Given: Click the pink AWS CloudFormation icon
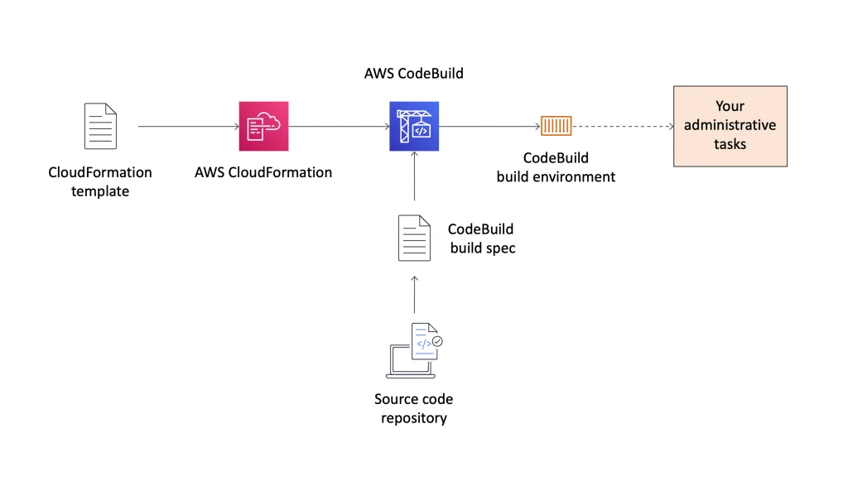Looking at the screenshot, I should pos(263,127).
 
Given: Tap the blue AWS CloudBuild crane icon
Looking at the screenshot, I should pos(414,127).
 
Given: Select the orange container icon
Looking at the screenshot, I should pos(556,127).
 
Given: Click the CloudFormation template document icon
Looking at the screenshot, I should pos(100,127).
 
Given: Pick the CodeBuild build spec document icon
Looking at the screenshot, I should pos(414,238).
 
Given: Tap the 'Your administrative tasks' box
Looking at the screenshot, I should pos(730,127).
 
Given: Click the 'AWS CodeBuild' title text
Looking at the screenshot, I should pos(414,74).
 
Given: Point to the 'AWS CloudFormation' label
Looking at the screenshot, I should pos(263,173).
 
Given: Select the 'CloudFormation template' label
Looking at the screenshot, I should pos(100,182).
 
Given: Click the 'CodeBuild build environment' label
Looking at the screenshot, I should pos(556,167).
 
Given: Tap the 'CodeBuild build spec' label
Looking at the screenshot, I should pos(481,238).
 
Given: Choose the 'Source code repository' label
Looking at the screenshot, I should pos(414,408).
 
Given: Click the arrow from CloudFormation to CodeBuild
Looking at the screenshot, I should pos(339,127).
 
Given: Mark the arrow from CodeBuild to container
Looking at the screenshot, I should pos(489,127).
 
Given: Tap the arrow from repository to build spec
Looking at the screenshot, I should pos(414,294).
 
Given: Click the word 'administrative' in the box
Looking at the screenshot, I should pos(730,126).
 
